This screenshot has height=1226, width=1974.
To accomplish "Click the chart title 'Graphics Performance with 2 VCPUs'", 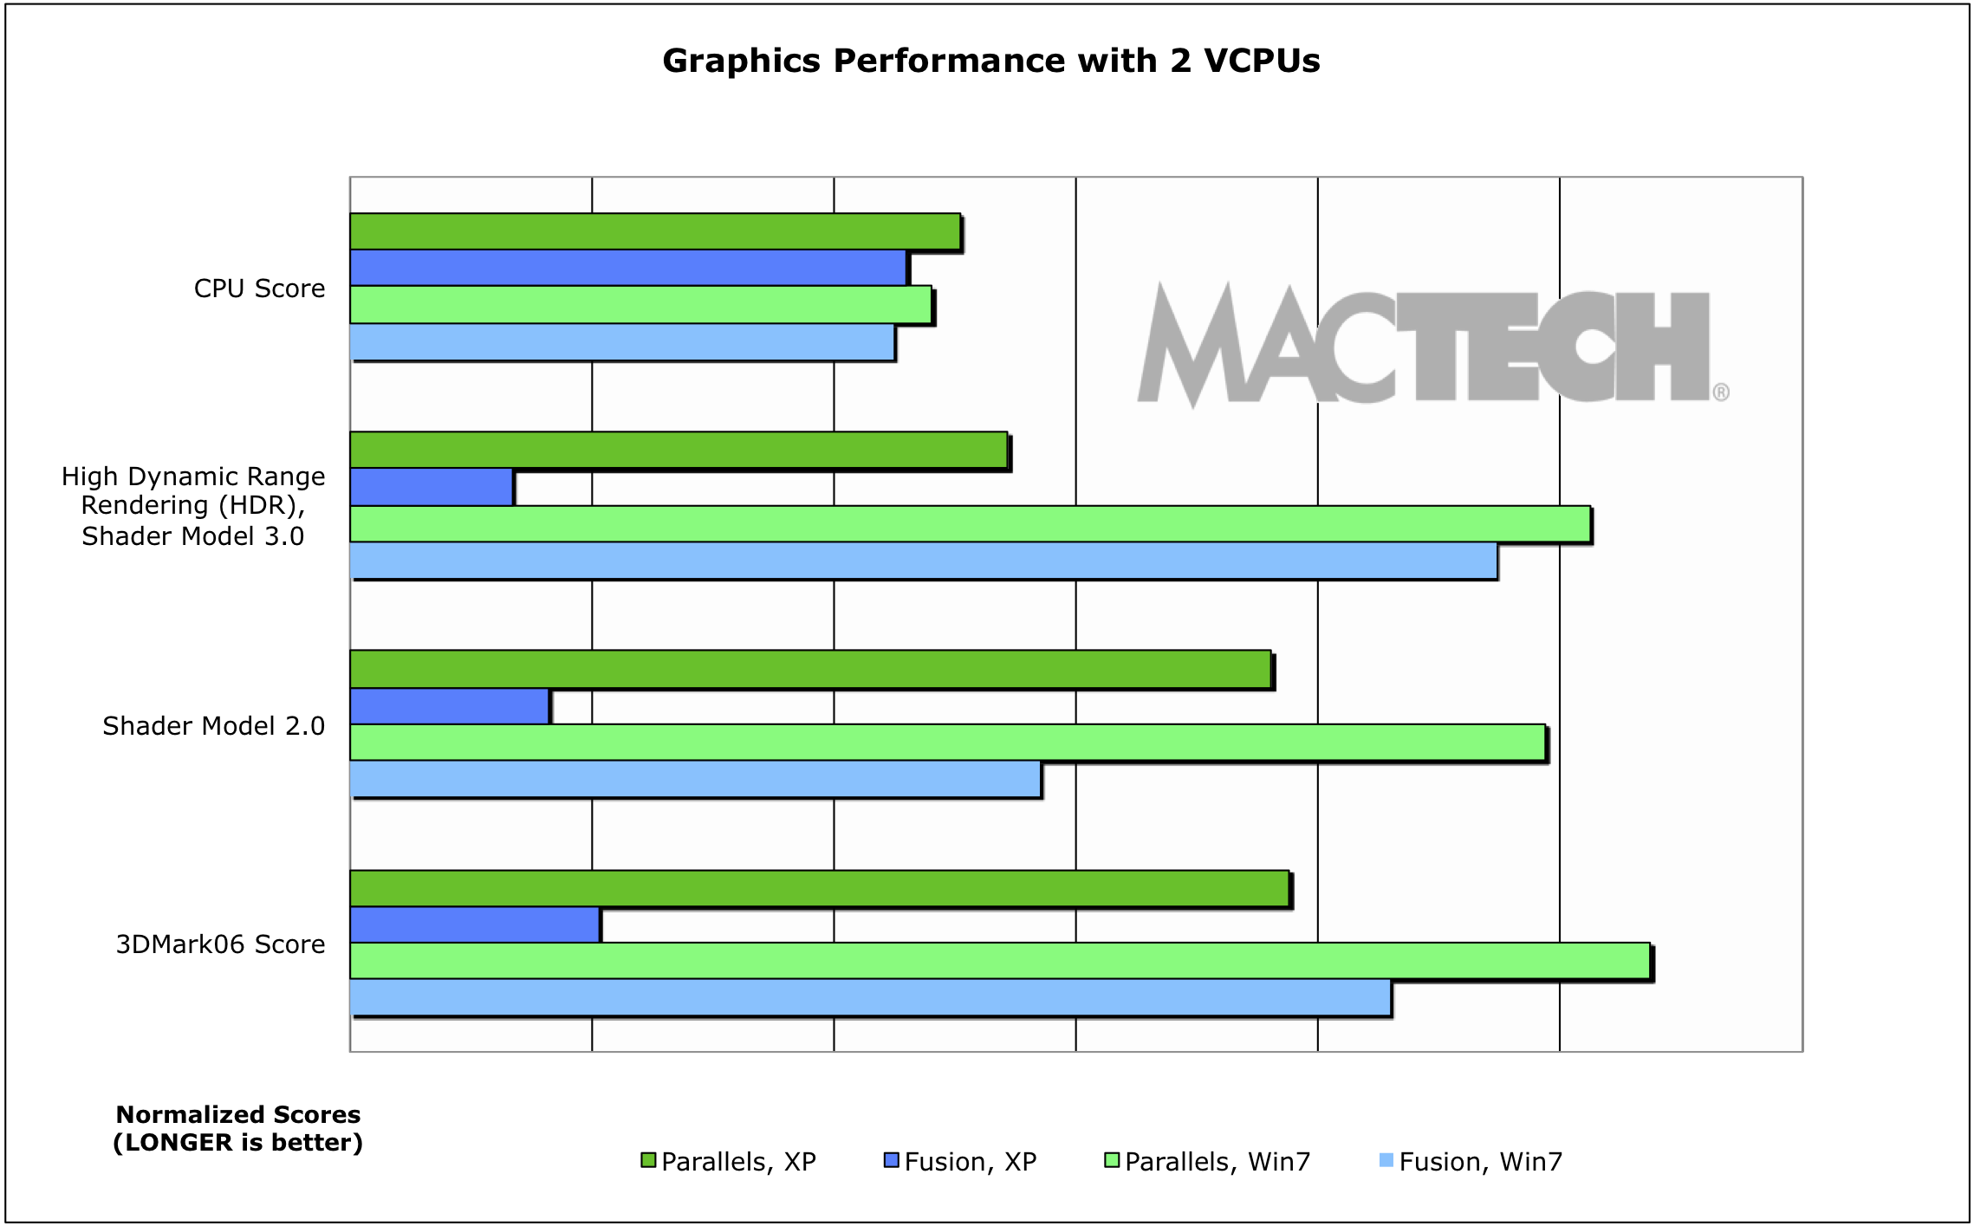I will pos(990,61).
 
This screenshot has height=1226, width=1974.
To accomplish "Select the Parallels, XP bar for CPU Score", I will pos(654,231).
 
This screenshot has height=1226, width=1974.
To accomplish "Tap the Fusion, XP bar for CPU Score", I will pos(627,268).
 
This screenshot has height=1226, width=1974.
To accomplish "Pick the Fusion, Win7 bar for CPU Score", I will pos(621,342).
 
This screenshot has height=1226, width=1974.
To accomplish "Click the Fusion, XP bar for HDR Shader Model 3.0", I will pos(431,487).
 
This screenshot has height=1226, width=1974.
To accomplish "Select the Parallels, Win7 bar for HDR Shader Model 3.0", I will pos(970,524).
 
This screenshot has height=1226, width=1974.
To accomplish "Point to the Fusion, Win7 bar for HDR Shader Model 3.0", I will pos(923,561).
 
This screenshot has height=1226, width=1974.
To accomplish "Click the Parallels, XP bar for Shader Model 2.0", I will pos(810,670).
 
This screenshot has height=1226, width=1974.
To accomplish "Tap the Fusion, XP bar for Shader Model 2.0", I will pos(449,706).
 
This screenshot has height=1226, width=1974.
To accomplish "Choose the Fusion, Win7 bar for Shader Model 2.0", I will pos(695,780).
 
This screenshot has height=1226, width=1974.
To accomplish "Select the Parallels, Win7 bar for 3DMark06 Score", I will pos(999,961).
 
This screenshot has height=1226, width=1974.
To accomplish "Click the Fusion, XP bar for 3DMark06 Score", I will pos(474,924).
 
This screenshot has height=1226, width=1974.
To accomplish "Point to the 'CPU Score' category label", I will pos(259,289).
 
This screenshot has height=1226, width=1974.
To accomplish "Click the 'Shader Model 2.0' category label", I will pos(213,726).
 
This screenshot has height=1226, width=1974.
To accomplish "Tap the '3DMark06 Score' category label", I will pos(220,944).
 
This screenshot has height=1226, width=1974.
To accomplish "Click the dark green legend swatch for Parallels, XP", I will pos(648,1161).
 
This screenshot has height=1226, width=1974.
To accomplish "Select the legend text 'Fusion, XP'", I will pos(970,1162).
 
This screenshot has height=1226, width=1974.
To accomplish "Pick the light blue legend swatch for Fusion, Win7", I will pos(1386,1161).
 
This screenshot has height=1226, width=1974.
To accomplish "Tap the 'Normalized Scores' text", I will pos(238,1114).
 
